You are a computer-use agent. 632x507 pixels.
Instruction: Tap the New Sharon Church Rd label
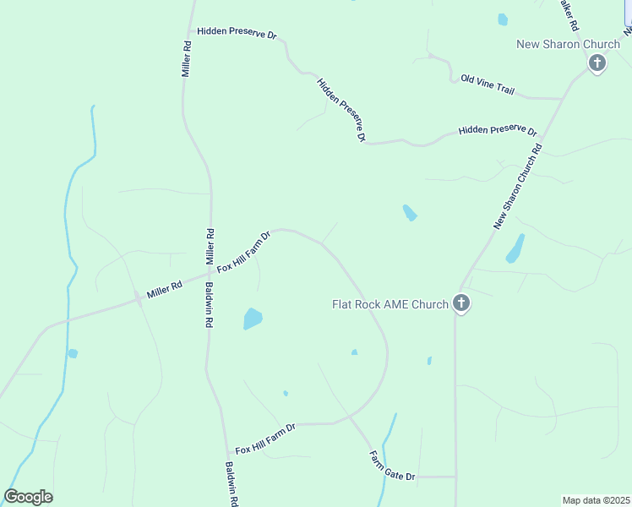[x=517, y=187]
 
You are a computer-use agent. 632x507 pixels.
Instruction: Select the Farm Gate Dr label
[x=392, y=466]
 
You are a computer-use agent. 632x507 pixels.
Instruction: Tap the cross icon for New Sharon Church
[x=597, y=63]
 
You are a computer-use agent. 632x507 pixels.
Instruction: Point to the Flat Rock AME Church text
[x=390, y=304]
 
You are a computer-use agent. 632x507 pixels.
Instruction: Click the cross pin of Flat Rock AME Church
[x=460, y=303]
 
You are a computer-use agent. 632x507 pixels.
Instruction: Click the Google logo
[x=28, y=497]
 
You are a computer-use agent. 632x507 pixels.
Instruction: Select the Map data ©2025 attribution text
[x=595, y=500]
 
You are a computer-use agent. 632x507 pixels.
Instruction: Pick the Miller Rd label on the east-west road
[x=164, y=291]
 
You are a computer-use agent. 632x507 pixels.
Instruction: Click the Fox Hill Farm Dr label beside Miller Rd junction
[x=243, y=252]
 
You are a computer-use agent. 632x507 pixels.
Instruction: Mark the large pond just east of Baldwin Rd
[x=253, y=319]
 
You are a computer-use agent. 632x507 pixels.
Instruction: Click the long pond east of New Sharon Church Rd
[x=515, y=248]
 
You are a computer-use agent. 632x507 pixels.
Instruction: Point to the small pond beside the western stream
[x=73, y=353]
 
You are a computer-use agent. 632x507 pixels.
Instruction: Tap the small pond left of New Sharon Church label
[x=503, y=19]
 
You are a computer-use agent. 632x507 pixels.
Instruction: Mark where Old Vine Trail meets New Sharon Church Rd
[x=562, y=99]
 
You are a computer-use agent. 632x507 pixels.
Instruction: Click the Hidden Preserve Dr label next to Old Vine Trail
[x=498, y=131]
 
